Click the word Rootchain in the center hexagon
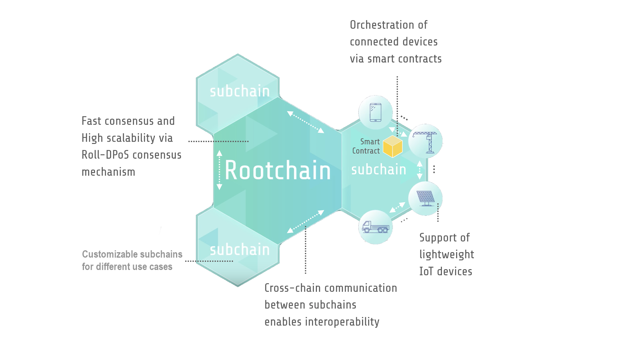277,171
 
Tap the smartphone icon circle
375,113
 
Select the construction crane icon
426,141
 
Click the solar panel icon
426,198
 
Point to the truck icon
375,227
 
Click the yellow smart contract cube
393,147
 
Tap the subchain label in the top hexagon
239,91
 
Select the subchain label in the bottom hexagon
239,250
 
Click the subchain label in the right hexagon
378,169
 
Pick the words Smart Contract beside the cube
366,146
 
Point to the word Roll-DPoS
105,155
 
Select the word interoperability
342,322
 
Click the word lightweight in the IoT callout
446,255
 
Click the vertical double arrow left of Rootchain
219,170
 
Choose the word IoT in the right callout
426,272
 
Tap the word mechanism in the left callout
108,172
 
